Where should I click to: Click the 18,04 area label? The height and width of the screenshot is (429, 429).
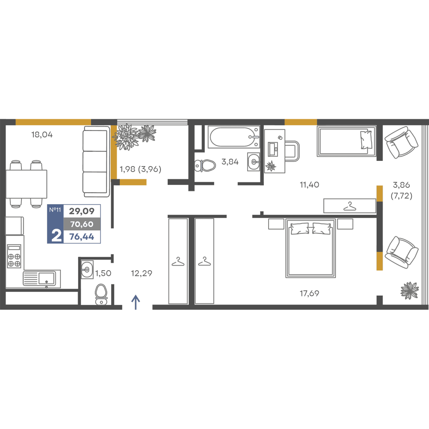tap(42, 135)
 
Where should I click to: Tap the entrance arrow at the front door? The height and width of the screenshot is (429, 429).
tap(136, 302)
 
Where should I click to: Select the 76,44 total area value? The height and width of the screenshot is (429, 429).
tap(82, 237)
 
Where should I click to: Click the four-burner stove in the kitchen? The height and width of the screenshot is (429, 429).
tap(14, 256)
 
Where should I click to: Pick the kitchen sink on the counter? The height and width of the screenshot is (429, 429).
tap(42, 278)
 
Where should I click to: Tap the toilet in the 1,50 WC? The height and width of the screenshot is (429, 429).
tap(101, 294)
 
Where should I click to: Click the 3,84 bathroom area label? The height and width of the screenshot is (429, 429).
tap(230, 162)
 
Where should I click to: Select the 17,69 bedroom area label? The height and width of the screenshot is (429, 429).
tap(309, 293)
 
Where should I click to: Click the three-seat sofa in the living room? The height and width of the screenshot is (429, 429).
tap(96, 161)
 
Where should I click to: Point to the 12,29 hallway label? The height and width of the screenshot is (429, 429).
tap(142, 273)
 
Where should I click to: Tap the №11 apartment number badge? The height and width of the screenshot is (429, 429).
tap(55, 210)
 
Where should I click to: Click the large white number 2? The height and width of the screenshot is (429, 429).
tap(56, 235)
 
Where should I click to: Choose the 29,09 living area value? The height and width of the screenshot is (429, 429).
tap(82, 211)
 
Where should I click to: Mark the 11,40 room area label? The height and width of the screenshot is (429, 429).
tap(309, 184)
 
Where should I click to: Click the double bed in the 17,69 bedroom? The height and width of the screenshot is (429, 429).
tap(311, 248)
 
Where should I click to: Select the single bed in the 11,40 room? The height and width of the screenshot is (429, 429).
tap(347, 141)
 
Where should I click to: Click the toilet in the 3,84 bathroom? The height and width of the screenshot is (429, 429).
tap(205, 166)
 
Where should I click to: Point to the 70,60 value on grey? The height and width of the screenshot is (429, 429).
tap(82, 224)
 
